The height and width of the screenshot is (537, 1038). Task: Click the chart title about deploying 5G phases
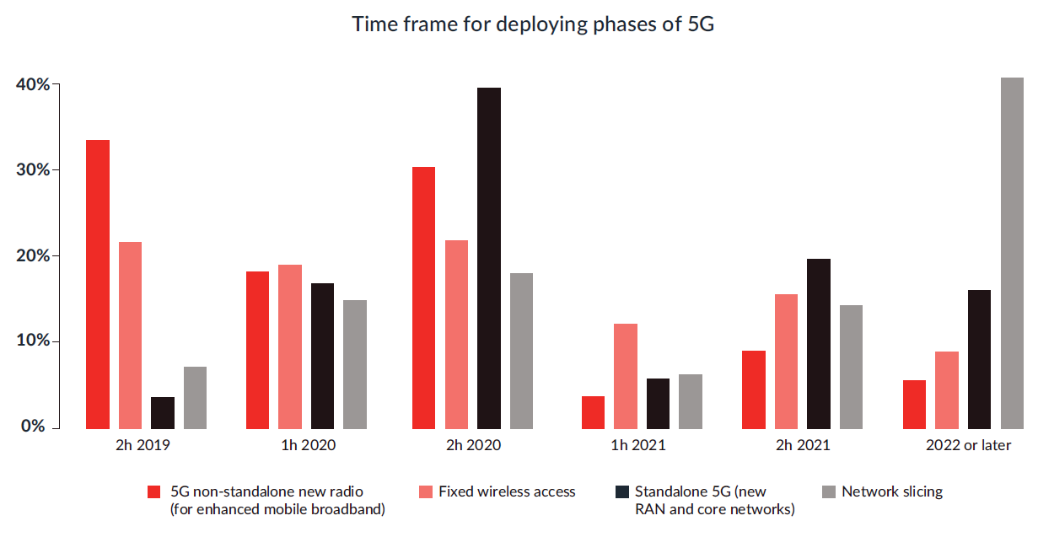click(533, 24)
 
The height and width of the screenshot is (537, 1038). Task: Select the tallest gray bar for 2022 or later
click(1012, 253)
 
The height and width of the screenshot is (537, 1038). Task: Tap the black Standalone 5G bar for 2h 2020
click(488, 258)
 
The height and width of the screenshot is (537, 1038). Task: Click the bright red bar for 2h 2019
click(98, 284)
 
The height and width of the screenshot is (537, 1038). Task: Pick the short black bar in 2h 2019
click(163, 412)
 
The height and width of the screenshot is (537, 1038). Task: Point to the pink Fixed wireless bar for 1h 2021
click(626, 376)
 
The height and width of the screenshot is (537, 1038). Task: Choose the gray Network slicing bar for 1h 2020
click(355, 364)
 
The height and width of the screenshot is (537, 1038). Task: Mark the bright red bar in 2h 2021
click(754, 389)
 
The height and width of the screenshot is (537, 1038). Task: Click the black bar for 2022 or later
click(979, 359)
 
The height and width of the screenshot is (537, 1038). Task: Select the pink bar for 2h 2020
click(456, 334)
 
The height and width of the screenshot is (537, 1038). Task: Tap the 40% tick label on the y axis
click(32, 84)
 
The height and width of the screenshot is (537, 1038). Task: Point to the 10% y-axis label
click(32, 341)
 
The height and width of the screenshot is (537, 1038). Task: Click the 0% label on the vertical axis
click(35, 427)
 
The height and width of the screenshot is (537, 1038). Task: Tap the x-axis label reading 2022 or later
click(968, 445)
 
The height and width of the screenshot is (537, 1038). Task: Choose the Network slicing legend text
click(892, 491)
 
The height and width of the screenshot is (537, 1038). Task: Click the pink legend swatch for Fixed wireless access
click(425, 491)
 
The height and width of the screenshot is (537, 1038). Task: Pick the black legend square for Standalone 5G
click(622, 491)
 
